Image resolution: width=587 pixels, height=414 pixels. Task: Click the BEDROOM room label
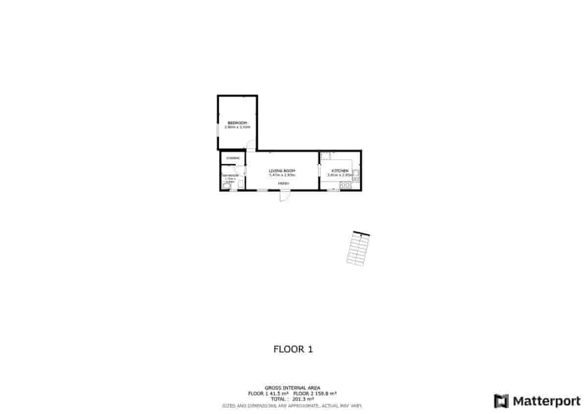237,123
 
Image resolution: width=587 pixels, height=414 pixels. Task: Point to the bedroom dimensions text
237,127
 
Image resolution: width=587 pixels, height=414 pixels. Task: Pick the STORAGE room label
232,158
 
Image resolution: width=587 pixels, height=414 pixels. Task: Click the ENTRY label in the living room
284,183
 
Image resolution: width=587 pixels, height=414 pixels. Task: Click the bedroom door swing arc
250,145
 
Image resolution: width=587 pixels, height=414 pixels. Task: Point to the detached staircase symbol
358,249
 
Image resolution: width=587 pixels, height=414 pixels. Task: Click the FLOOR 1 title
293,349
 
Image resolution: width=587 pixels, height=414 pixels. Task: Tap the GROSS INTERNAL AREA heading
293,388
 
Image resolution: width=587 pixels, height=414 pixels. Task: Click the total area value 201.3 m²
303,399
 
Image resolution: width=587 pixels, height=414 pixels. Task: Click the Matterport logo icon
501,401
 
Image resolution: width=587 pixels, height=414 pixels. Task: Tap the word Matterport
546,401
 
